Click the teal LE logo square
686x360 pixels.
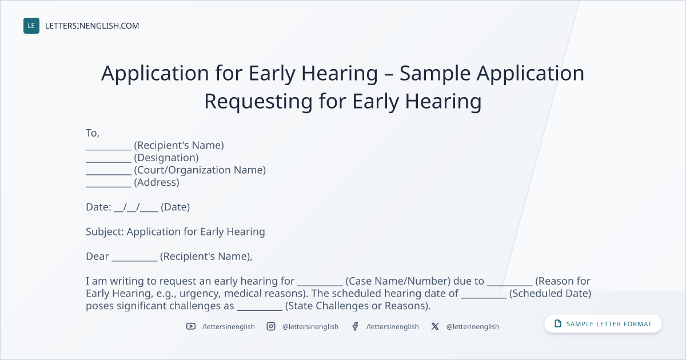[x=31, y=26]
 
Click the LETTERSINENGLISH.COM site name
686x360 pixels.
[x=92, y=26]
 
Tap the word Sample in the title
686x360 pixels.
[x=435, y=74]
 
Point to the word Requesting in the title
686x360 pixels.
[x=258, y=102]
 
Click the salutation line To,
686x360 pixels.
[x=93, y=133]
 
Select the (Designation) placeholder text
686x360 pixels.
[x=166, y=158]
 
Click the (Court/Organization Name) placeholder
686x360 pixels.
[x=200, y=170]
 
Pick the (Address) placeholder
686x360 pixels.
[x=157, y=182]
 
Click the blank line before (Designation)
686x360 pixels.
[x=109, y=162]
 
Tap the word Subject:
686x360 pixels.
[x=105, y=232]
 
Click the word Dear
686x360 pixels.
[x=97, y=257]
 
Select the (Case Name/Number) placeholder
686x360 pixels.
[x=398, y=281]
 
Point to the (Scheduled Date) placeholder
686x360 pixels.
[x=550, y=293]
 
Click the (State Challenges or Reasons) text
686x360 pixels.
[x=358, y=306]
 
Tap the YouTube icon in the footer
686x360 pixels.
[x=191, y=326]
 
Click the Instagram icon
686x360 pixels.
[x=271, y=326]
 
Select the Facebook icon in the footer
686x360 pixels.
[x=355, y=326]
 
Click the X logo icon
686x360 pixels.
[x=435, y=326]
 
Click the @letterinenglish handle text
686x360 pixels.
[x=473, y=327]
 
